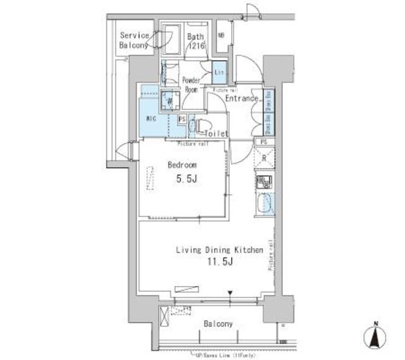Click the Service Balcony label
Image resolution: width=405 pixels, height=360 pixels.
coord(134,40)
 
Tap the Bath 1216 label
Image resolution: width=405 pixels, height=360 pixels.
coord(196,40)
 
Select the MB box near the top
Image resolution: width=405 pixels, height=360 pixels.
coord(221,35)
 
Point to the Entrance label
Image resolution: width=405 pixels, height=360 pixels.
coord(241,99)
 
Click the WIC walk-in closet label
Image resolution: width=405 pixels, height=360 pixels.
coord(151,118)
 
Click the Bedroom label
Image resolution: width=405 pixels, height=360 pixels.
coord(182,165)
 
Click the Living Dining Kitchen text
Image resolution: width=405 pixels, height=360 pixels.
coord(219,251)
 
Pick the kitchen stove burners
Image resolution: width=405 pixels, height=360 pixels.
coord(264,183)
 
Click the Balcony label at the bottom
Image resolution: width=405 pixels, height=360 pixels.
coord(218,323)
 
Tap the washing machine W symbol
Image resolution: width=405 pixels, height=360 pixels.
coord(169,99)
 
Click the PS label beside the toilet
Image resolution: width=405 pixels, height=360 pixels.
coord(182,118)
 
